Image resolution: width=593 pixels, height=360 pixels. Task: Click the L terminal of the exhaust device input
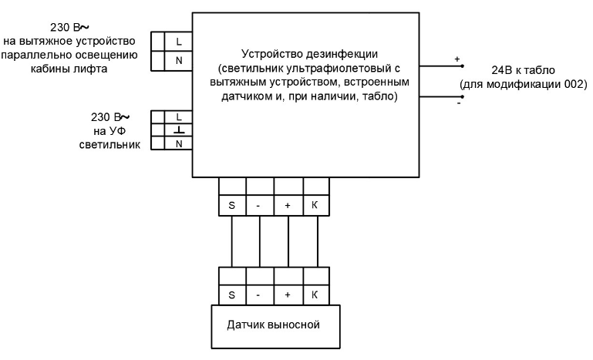(178, 41)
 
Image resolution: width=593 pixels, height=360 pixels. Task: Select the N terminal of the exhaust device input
(178, 60)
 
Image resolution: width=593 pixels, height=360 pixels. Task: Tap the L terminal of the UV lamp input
(178, 116)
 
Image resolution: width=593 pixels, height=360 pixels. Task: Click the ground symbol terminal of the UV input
(178, 130)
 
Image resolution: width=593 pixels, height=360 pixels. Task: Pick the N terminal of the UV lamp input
(178, 143)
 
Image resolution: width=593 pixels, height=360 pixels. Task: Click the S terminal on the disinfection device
(231, 207)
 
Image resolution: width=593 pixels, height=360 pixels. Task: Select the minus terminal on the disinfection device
(260, 207)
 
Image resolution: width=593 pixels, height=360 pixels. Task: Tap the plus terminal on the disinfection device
(288, 207)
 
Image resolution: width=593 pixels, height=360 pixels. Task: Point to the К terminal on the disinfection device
(315, 207)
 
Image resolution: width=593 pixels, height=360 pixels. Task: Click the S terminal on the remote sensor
(231, 294)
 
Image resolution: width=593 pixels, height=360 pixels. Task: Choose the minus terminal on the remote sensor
(260, 294)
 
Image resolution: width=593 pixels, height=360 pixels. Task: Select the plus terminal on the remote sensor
(288, 294)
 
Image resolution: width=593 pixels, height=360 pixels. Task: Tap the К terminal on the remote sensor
(315, 294)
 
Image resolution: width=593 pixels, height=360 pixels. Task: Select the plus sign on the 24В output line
(457, 59)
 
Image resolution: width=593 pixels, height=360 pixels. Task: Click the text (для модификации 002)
(523, 83)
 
